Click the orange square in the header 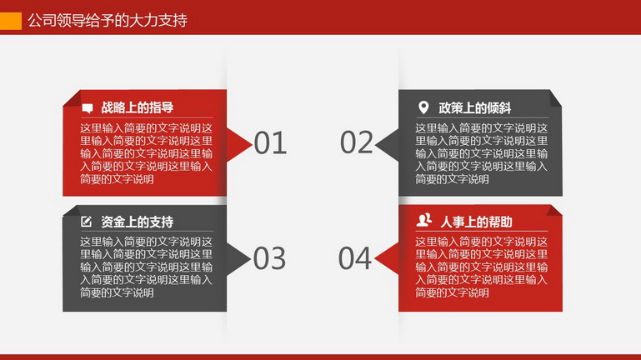coord(11,21)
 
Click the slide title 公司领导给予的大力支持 coord(108,21)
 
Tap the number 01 coord(270,143)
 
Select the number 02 coord(357,142)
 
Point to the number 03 coord(269,258)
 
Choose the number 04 coord(355,258)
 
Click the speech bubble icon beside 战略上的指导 coord(88,108)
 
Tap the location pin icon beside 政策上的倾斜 coord(423,107)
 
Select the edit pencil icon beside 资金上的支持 coord(86,222)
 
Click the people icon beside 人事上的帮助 coord(424,220)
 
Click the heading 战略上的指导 coord(138,107)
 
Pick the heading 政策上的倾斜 coord(474,107)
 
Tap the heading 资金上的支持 coord(138,222)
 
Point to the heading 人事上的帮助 coord(476,222)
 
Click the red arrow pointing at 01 coord(238,144)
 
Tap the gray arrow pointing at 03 coord(237,258)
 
